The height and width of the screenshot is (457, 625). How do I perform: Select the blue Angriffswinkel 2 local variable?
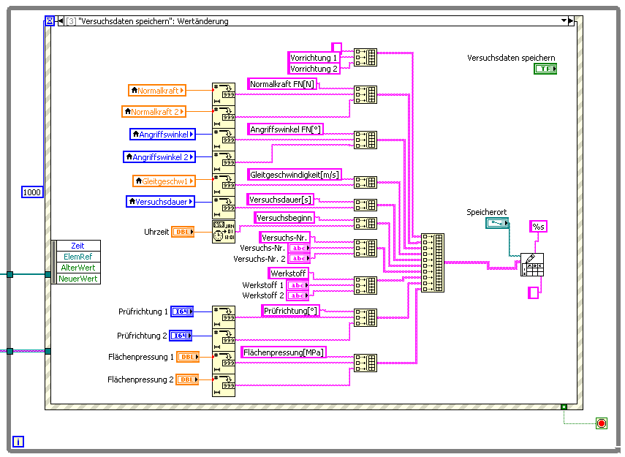[x=159, y=157]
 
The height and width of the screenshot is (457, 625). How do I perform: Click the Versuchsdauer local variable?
[x=161, y=201]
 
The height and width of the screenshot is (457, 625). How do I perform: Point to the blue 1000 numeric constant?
[x=32, y=192]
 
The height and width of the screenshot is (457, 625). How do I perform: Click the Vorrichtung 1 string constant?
[x=314, y=58]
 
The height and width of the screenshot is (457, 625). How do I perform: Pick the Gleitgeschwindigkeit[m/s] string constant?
[x=295, y=175]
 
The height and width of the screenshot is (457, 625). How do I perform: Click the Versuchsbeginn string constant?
[x=285, y=218]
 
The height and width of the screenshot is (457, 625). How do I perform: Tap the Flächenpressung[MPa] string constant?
[x=284, y=352]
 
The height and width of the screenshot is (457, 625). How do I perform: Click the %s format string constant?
[x=539, y=227]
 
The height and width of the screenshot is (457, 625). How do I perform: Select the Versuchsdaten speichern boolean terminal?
[x=545, y=69]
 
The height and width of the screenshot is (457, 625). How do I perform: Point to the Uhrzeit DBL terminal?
[x=183, y=232]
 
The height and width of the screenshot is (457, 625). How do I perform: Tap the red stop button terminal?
[x=602, y=423]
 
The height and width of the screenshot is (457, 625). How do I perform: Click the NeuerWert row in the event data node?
[x=78, y=279]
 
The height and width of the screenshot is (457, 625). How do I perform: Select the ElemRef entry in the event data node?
[x=78, y=257]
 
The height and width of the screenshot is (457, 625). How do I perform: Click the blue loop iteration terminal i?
[x=18, y=441]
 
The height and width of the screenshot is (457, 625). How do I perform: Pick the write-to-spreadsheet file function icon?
[x=532, y=265]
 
